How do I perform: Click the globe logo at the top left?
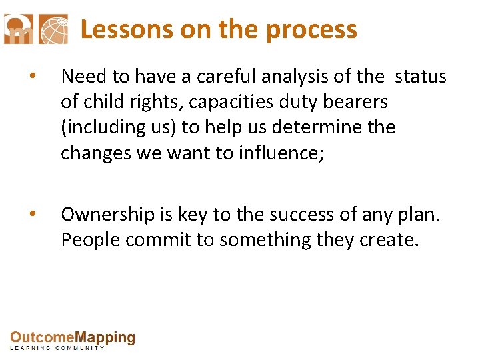point(53,29)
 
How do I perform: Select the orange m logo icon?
point(18,29)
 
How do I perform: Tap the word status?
point(420,77)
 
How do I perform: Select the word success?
point(306,214)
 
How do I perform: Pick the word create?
point(389,239)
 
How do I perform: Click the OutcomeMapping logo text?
point(73,338)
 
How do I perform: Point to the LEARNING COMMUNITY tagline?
point(57,348)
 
